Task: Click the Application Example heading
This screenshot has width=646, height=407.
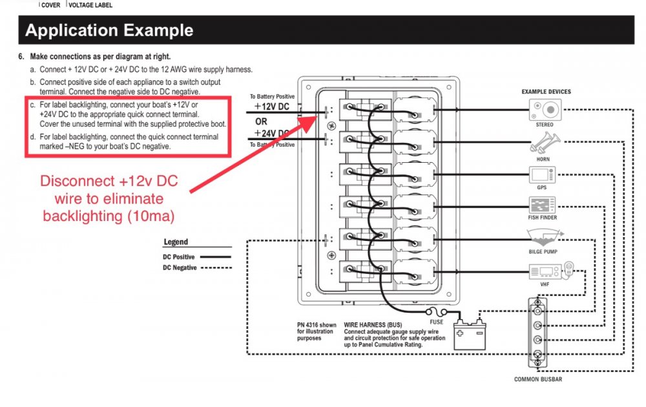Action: point(109,30)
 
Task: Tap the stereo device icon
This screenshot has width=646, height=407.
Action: point(544,110)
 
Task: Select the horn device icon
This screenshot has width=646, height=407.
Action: point(543,143)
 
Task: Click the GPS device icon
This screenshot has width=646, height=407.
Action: point(541,174)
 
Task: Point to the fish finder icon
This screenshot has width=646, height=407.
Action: point(542,205)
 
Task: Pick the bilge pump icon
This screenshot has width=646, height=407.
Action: point(542,235)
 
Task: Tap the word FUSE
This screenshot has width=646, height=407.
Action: point(437,322)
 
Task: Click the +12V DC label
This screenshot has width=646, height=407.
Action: point(271,107)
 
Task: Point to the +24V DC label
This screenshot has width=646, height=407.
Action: point(271,134)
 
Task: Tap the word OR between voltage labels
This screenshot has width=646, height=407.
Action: point(262,121)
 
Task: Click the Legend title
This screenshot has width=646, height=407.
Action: point(176,242)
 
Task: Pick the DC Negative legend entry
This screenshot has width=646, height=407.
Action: point(180,267)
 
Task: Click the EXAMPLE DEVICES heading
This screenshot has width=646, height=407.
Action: point(546,92)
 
